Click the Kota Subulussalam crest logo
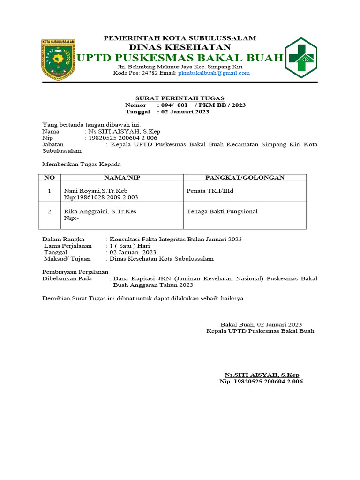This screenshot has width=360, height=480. click(59, 58)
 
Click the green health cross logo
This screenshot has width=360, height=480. click(301, 58)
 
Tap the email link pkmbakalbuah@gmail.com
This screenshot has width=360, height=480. click(214, 73)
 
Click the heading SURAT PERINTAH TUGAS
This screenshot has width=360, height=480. click(180, 98)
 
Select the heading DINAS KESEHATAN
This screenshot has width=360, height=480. click(180, 47)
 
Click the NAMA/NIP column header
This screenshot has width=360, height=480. click(122, 178)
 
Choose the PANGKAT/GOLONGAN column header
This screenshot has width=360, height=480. click(245, 178)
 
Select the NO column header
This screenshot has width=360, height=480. click(50, 178)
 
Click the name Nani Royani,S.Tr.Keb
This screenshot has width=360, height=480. click(96, 191)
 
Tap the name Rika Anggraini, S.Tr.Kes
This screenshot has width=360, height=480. click(100, 211)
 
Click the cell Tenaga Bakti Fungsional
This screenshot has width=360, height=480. click(222, 211)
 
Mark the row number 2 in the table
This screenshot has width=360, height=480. click(50, 211)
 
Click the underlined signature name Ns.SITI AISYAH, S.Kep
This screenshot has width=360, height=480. click(262, 375)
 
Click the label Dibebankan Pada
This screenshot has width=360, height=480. click(67, 278)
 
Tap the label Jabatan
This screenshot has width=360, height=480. click(53, 145)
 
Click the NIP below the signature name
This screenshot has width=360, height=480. click(261, 382)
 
